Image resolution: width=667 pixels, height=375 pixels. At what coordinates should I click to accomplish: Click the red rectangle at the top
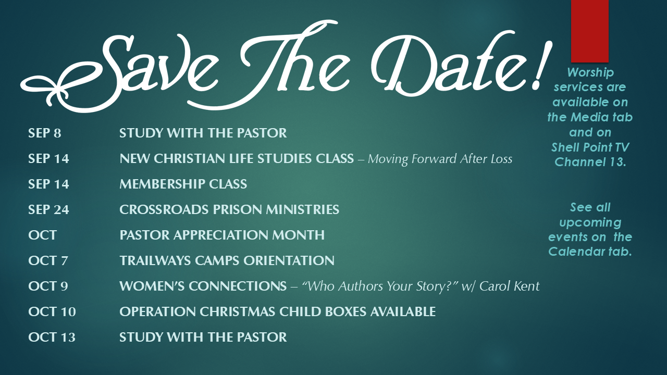tap(589, 31)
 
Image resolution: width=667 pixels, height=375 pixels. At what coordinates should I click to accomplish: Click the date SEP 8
tap(45, 133)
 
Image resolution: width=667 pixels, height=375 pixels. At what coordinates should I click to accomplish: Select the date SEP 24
tap(48, 209)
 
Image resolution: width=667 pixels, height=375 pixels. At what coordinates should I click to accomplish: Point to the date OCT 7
tap(48, 261)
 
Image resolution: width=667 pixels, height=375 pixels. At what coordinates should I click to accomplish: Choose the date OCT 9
tap(48, 286)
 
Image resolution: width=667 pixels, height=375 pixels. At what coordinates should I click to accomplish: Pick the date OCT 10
tap(52, 312)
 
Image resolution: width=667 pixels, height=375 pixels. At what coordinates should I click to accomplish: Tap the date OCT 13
tap(52, 337)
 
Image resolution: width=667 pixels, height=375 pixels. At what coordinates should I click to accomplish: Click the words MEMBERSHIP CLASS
tap(183, 184)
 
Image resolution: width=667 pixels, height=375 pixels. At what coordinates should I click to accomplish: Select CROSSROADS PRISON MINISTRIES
tap(229, 209)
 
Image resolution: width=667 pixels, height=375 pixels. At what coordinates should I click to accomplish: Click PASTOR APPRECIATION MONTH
tap(222, 235)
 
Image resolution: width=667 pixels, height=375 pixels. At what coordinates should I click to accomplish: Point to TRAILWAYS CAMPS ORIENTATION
tap(227, 261)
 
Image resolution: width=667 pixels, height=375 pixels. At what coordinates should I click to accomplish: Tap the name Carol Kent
tap(509, 286)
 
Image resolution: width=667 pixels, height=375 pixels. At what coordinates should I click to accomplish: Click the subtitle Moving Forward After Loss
tap(440, 159)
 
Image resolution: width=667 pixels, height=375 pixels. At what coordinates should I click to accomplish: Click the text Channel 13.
tap(590, 162)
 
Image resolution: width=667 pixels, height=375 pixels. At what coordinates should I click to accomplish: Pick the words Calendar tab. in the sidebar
tap(590, 252)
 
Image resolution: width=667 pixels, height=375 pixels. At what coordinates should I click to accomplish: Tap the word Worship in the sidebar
tap(590, 73)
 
